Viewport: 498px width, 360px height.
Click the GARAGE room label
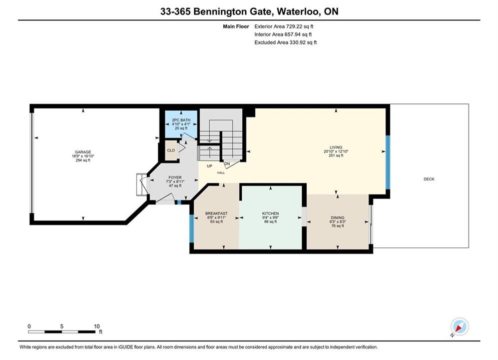click(x=83, y=152)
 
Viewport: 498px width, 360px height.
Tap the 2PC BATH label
click(x=181, y=120)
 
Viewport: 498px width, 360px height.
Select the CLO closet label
click(x=171, y=150)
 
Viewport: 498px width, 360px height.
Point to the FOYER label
click(x=175, y=177)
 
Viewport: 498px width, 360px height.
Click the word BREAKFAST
click(x=216, y=213)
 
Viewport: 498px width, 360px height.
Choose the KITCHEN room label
click(x=270, y=213)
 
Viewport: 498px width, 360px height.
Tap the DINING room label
click(x=337, y=217)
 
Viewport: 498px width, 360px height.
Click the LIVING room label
click(x=336, y=147)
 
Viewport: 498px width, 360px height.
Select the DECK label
click(x=429, y=179)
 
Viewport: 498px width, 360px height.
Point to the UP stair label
click(x=209, y=166)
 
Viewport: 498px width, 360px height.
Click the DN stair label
click(x=227, y=163)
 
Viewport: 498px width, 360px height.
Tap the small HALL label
click(x=221, y=173)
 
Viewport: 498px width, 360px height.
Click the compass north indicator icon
click(x=459, y=326)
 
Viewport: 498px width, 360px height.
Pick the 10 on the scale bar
click(x=97, y=326)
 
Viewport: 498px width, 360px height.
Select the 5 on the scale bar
click(x=62, y=326)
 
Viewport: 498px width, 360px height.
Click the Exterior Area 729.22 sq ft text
click(x=284, y=26)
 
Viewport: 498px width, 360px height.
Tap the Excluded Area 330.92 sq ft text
click(x=285, y=42)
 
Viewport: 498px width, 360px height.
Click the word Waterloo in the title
click(x=298, y=11)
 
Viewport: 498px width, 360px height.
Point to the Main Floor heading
click(x=236, y=26)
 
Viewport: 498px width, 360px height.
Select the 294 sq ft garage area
click(x=83, y=160)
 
